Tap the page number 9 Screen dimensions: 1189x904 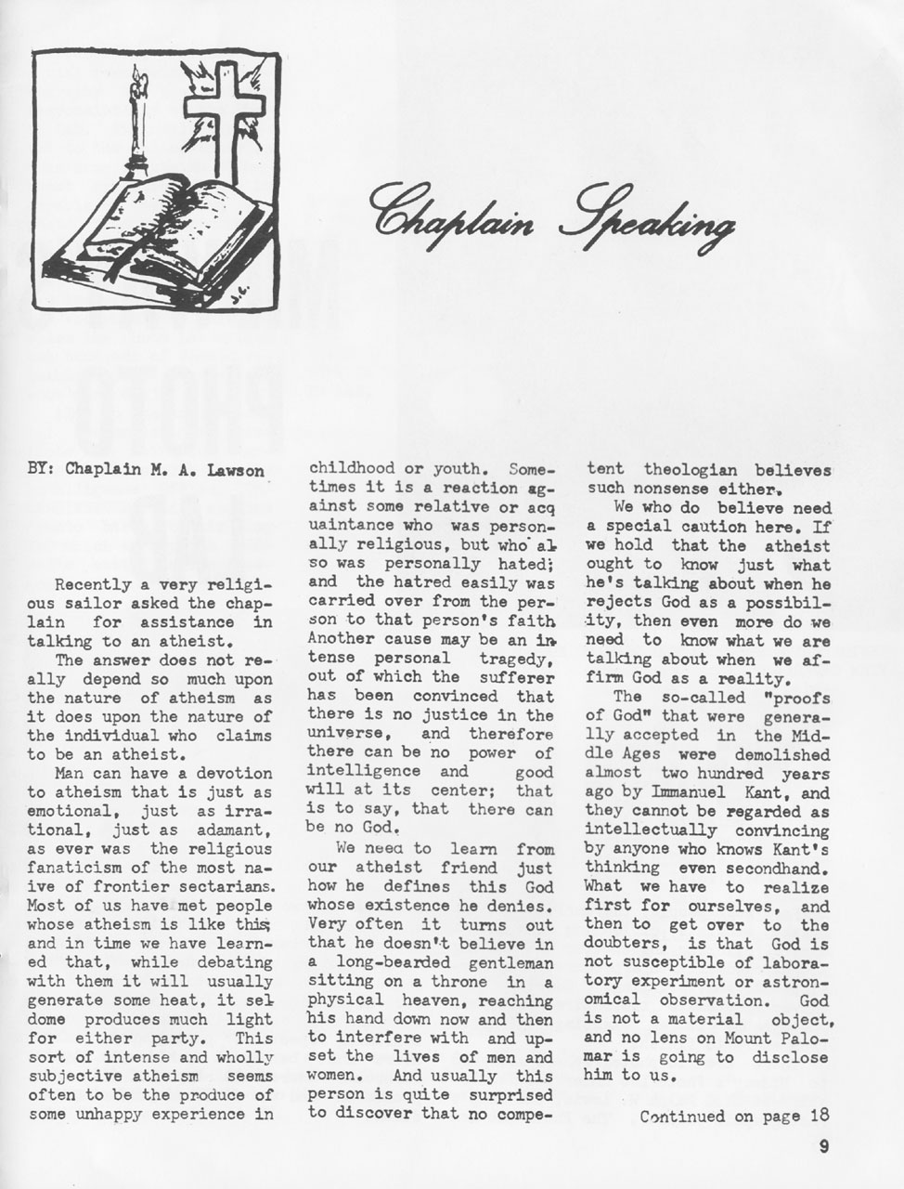coord(824,1145)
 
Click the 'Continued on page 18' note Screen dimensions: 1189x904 coord(733,1117)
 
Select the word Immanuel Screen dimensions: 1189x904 coord(664,792)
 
